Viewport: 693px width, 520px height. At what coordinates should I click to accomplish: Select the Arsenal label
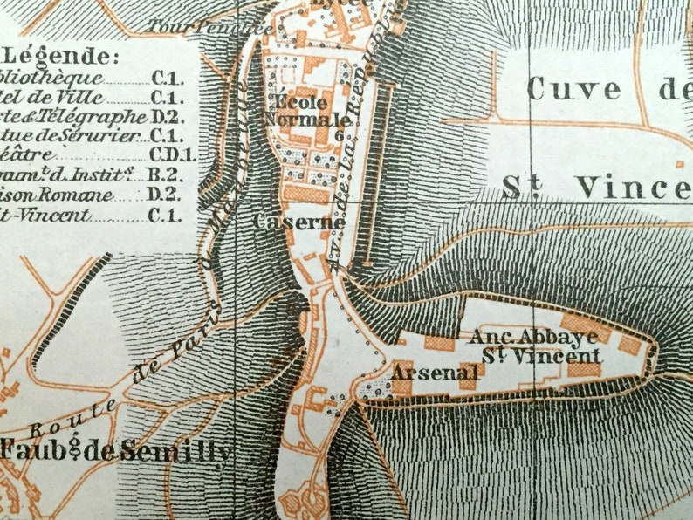[435, 373]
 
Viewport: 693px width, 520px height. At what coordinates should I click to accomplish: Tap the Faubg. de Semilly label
[116, 451]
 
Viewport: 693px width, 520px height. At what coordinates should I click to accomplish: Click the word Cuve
[574, 89]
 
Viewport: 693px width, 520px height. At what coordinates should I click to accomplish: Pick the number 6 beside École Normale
[338, 136]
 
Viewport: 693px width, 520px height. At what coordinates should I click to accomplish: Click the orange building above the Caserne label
[305, 193]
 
